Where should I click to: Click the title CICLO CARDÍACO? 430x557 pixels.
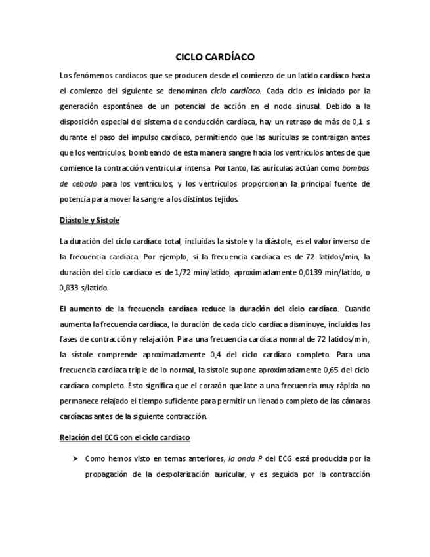pos(215,57)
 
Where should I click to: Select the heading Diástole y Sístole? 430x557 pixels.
pos(89,219)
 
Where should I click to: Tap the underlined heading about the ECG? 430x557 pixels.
pos(125,437)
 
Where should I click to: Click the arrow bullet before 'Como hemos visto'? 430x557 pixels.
pos(75,458)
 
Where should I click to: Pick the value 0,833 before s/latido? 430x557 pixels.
pos(69,287)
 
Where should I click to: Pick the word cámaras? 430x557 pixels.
pos(355,400)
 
